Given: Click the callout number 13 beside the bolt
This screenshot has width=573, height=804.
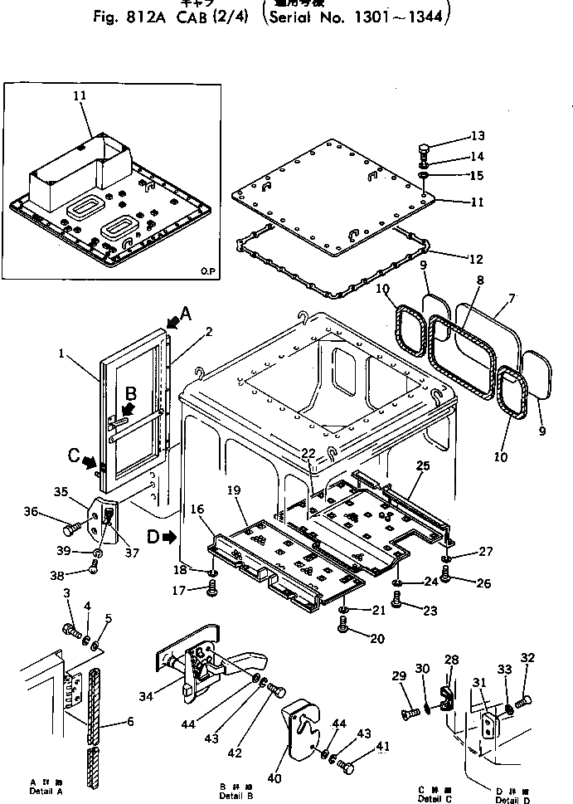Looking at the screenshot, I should click(477, 136).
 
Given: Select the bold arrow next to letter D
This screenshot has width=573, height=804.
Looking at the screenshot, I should click(170, 538).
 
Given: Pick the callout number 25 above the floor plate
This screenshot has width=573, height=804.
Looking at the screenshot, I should click(422, 466).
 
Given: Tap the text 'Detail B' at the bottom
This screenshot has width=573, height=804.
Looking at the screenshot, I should click(231, 794).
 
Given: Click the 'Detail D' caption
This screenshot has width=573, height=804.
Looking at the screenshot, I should click(507, 800).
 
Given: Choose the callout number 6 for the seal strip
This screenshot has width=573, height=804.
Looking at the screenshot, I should click(129, 722).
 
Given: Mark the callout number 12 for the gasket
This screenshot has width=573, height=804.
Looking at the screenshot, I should click(476, 260).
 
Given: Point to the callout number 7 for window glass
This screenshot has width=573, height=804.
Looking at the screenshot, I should click(511, 297).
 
